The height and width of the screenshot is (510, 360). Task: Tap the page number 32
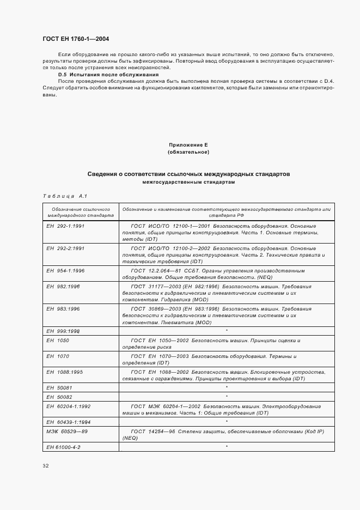point(46,465)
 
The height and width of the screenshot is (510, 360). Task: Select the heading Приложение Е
point(188,144)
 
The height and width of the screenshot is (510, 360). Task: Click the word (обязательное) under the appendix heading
point(188,152)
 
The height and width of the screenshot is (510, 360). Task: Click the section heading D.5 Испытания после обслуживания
point(108,74)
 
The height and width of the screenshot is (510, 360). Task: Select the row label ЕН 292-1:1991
point(65,225)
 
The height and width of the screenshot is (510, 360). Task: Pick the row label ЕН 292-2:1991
point(65,248)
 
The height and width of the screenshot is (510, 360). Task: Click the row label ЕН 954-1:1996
point(65,270)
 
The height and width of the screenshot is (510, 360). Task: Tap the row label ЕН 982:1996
point(63,286)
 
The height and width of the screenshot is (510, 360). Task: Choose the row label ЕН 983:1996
point(63,308)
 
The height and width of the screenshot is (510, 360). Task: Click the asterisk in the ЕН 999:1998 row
point(226,331)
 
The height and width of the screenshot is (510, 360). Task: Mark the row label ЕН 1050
point(58,340)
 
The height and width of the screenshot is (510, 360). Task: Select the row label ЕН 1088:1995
point(65,372)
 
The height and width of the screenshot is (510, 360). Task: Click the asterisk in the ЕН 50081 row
point(226,387)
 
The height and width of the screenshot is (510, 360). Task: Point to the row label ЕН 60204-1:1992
point(68,406)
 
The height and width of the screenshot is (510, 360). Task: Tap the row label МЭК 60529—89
point(67,430)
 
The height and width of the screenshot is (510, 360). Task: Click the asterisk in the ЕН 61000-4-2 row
point(226,446)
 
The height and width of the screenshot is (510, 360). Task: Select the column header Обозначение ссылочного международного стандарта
point(81,212)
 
